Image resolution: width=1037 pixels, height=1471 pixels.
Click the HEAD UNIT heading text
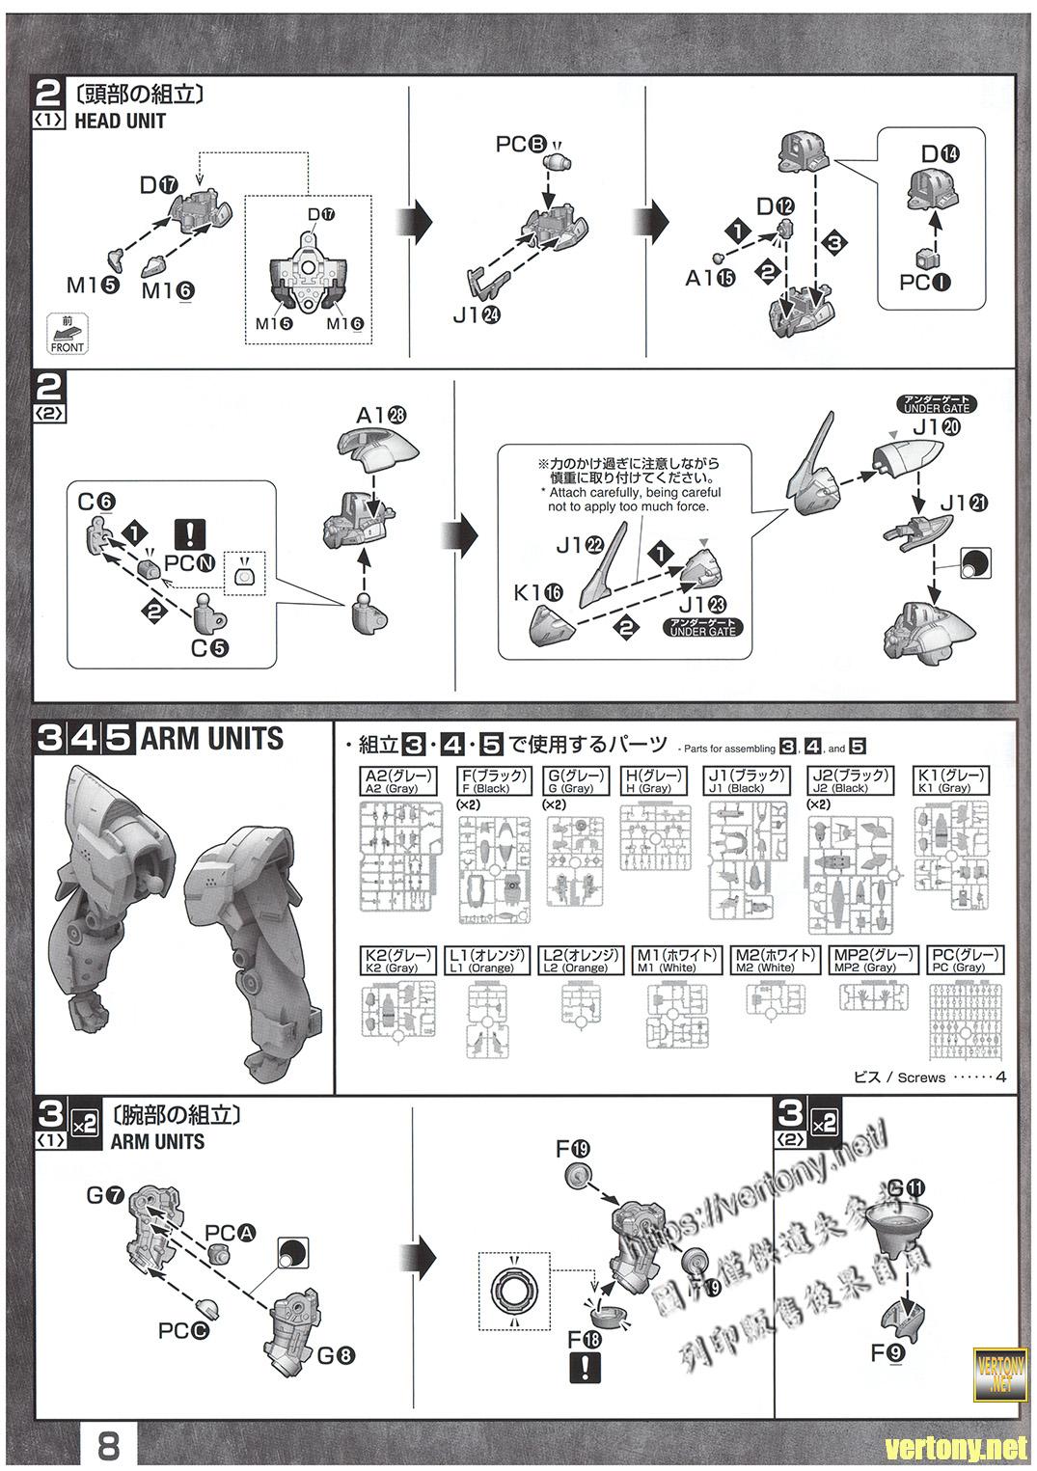click(120, 122)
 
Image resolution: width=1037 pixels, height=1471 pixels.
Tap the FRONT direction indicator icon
click(67, 333)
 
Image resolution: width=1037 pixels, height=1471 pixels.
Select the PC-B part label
click(522, 144)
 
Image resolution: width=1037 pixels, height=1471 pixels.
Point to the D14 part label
click(940, 153)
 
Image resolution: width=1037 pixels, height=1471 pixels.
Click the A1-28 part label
click(380, 416)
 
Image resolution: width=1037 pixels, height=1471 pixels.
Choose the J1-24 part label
click(478, 314)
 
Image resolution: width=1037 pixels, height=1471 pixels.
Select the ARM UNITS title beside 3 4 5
click(212, 739)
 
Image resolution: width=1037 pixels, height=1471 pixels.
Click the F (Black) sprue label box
click(493, 780)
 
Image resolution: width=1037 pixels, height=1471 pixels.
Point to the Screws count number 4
click(1000, 1076)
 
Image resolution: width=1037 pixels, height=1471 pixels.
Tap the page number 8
click(108, 1447)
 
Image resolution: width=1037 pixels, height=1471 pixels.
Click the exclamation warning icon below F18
click(585, 1368)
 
